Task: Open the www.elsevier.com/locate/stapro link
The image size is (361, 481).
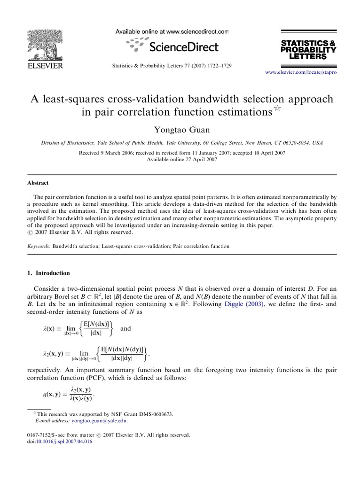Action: point(301,72)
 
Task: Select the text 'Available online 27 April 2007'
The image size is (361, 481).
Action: point(181,159)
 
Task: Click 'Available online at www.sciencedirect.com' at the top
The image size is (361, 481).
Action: point(172,32)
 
